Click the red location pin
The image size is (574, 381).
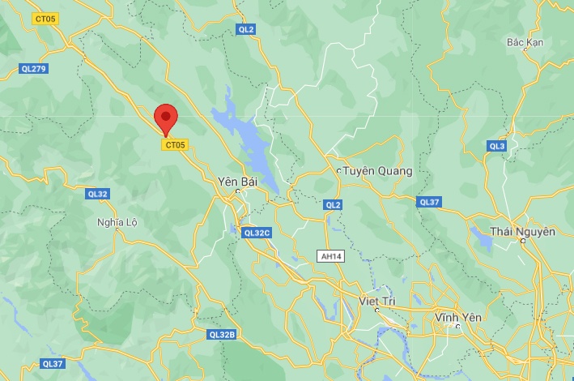(166, 118)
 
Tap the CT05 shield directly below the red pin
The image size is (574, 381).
(175, 145)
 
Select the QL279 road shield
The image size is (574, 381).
(35, 69)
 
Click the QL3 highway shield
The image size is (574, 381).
(497, 146)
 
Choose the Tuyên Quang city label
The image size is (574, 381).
(378, 171)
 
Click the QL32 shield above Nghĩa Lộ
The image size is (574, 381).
(97, 194)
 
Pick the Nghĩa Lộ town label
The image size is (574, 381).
(117, 221)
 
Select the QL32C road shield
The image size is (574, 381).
(257, 233)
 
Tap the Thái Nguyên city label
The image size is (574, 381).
(523, 232)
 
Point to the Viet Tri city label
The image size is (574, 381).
(378, 301)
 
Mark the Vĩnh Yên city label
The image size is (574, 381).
(458, 317)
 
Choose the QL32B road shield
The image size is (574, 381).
(221, 334)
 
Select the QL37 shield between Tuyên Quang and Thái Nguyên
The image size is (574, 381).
(429, 202)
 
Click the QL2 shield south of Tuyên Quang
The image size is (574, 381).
(333, 205)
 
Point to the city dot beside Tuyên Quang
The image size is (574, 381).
(338, 171)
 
